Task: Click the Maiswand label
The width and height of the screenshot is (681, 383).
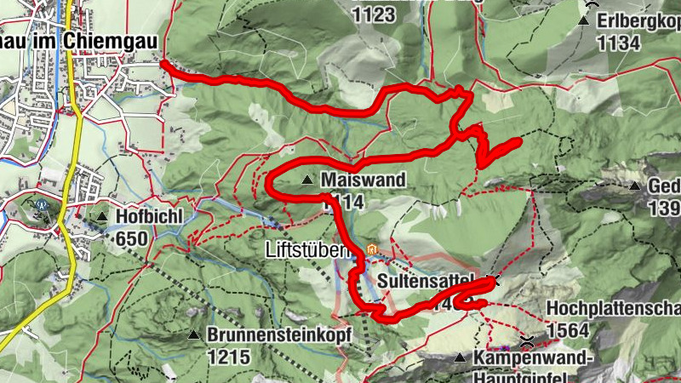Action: (x=363, y=180)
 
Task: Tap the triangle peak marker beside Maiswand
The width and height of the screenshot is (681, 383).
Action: (x=306, y=180)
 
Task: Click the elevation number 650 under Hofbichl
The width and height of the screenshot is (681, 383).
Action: (x=132, y=238)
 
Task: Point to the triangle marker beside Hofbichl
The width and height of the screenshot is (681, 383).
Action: (x=102, y=218)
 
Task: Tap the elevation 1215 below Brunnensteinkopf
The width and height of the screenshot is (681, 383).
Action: (x=228, y=357)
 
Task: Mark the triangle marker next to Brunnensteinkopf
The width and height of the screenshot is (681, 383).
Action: (x=194, y=335)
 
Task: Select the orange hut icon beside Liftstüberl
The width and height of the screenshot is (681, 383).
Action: (x=371, y=250)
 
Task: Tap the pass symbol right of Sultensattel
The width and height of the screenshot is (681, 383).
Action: (x=498, y=278)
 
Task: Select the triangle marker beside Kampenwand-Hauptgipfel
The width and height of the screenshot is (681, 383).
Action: (x=460, y=358)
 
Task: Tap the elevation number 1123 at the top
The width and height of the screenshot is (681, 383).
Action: (x=376, y=14)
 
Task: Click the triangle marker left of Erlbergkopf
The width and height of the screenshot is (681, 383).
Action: (x=587, y=20)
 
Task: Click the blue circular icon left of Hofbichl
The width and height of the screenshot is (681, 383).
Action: (x=41, y=204)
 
